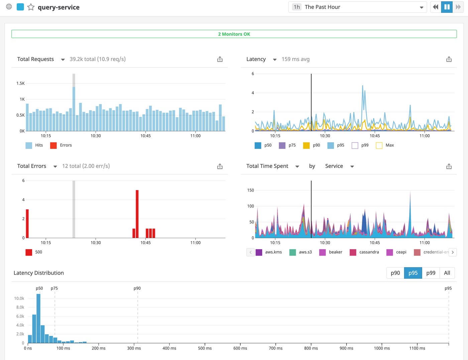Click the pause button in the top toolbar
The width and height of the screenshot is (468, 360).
(x=447, y=7)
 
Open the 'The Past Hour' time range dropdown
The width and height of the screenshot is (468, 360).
(x=357, y=7)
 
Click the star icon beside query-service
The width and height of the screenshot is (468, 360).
(x=31, y=7)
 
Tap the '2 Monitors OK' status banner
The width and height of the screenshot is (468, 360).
(x=234, y=34)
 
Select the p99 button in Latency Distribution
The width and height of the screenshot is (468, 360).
(x=431, y=273)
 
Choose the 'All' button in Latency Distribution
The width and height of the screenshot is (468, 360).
(x=447, y=273)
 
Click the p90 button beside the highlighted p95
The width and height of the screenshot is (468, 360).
(x=395, y=273)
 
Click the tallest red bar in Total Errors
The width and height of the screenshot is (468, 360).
(x=137, y=214)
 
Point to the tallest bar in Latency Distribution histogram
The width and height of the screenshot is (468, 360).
(x=38, y=318)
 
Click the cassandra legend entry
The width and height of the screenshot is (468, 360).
(x=365, y=252)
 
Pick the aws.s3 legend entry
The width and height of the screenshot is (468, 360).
(x=301, y=252)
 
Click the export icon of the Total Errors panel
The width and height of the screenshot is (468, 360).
(x=220, y=166)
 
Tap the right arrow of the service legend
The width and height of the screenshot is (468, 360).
(x=453, y=252)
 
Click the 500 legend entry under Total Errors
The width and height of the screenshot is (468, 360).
(x=34, y=252)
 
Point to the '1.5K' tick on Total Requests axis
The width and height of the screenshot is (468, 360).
(x=20, y=83)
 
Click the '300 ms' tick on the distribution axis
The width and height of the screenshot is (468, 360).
(x=134, y=348)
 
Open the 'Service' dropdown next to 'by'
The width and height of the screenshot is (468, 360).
(x=339, y=166)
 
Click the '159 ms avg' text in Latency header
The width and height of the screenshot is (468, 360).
(x=296, y=59)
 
